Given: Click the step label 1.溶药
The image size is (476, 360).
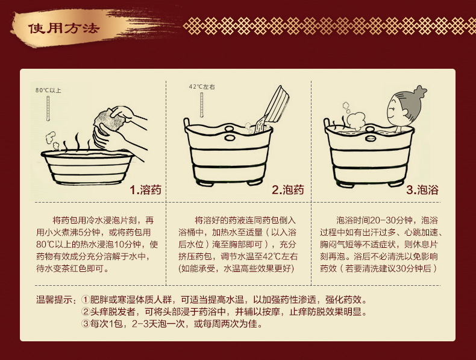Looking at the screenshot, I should coord(145,191).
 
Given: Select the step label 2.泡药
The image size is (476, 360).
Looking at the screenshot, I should coord(287,191).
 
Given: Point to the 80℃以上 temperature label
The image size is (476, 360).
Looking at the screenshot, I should coord(48,90).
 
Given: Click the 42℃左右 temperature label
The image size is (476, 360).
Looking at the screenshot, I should coord(201,87).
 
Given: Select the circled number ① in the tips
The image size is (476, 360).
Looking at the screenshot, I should coord(85,300).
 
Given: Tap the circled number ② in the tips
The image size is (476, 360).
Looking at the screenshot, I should coord(85,312).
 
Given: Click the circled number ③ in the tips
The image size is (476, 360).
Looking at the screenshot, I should coord(85,325).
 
